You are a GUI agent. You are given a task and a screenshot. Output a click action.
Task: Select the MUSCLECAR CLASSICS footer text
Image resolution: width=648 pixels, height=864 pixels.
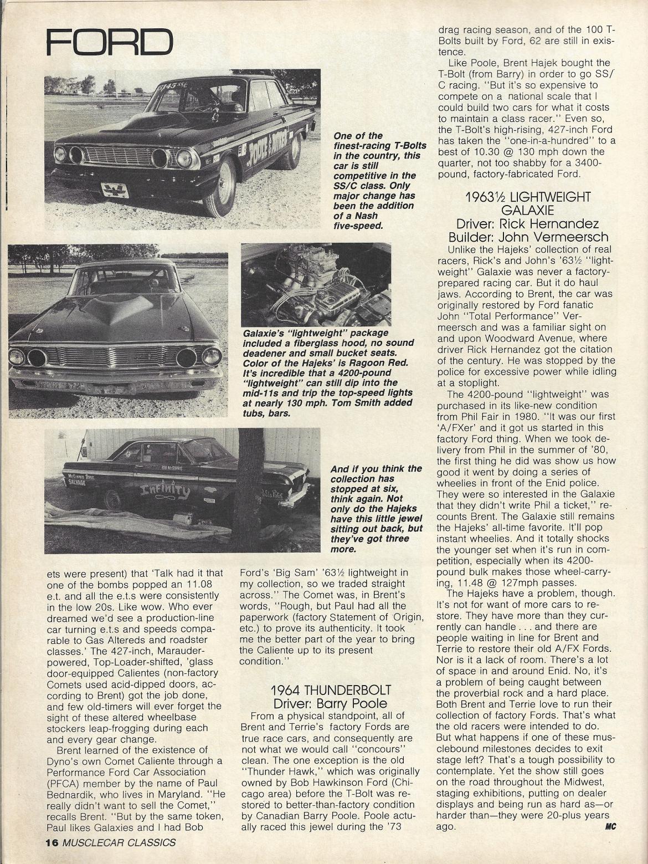coord(119,843)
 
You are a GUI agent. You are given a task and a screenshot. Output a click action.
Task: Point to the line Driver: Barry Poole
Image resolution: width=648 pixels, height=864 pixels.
coord(330,703)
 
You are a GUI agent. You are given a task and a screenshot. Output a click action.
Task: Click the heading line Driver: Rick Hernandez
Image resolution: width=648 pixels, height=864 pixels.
coord(527,224)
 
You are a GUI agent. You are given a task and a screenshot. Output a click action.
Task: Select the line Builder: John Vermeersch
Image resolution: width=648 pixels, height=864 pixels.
coord(527,238)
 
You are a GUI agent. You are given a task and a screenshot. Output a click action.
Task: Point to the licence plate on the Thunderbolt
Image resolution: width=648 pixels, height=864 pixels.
coord(115,190)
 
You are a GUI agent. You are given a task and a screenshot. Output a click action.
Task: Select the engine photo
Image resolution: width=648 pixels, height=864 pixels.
coord(316,284)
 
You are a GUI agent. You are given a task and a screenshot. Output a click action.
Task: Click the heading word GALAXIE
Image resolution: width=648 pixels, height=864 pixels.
coord(527,210)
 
